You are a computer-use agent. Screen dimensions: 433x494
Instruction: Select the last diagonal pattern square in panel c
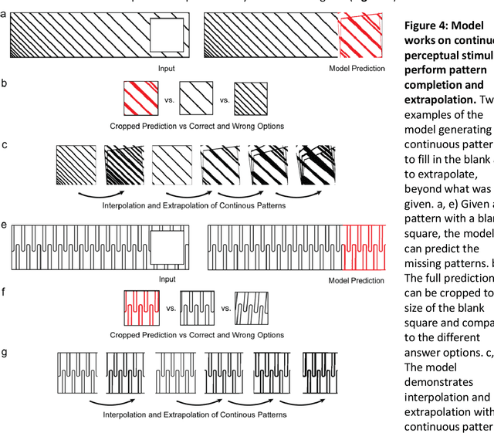319,165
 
